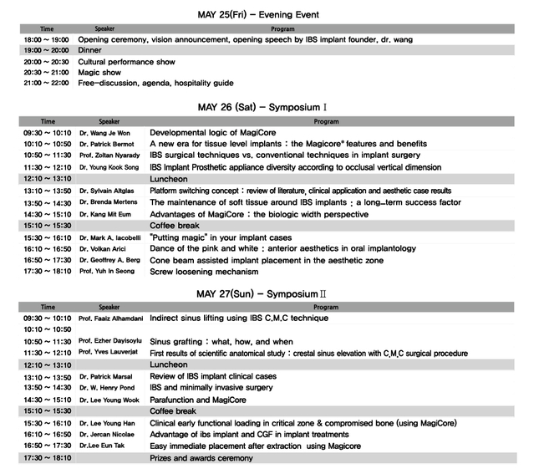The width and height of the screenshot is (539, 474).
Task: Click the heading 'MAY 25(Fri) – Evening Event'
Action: (x=258, y=15)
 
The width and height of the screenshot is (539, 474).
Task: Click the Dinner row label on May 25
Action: (x=89, y=50)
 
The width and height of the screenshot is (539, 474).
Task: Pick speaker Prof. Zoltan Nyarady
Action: (x=111, y=156)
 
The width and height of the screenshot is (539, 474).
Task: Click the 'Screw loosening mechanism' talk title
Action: (x=204, y=272)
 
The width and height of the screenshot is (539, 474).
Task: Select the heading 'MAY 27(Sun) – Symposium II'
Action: (x=262, y=294)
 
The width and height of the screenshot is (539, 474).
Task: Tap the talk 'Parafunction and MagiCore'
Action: (x=198, y=400)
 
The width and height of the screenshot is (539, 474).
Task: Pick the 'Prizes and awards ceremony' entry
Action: (x=201, y=458)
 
